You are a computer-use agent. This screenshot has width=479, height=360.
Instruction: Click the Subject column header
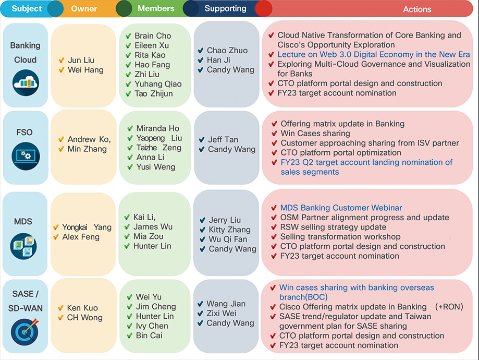27,8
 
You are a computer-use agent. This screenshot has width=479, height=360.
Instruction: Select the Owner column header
84,8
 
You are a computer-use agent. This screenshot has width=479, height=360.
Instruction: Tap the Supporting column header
226,8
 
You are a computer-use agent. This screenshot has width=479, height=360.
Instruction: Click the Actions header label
417,9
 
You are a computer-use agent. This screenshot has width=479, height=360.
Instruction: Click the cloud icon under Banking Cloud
26,82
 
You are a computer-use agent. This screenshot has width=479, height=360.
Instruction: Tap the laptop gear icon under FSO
26,156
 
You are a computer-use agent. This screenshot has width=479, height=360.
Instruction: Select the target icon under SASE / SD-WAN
24,331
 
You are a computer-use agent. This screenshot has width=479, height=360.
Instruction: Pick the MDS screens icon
23,246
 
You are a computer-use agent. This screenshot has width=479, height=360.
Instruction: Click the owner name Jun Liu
81,60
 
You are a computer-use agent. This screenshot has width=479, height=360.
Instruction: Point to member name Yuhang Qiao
158,84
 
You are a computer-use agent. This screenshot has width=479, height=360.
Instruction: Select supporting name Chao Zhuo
227,50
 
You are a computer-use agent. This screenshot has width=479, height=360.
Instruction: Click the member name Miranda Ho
157,128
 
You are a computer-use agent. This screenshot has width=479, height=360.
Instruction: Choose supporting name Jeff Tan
223,139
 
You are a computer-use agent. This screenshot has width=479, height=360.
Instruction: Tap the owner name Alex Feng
81,237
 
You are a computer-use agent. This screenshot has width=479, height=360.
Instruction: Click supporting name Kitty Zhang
230,230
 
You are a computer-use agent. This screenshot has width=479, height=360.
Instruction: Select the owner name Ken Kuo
82,308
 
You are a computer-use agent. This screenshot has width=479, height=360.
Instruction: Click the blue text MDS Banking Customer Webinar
341,208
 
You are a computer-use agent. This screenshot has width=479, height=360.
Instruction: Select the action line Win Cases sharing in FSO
315,134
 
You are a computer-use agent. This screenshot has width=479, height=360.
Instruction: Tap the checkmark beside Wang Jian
200,304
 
